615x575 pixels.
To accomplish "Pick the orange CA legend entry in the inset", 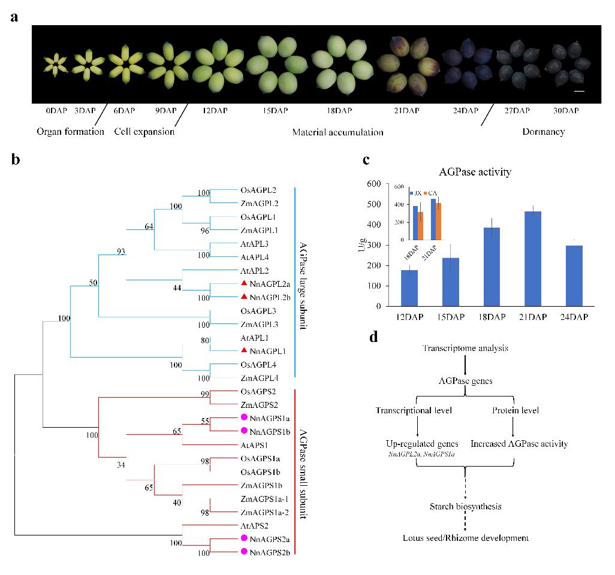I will (x=431, y=193).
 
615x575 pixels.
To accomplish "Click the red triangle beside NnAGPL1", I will (x=244, y=350).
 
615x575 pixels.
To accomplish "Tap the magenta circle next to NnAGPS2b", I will (x=244, y=551).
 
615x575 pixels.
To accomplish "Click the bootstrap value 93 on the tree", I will (x=121, y=251).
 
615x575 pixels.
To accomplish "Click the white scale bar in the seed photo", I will (x=579, y=91).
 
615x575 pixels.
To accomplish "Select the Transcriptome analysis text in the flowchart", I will (x=466, y=349).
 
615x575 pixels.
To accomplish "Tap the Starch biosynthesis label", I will (x=465, y=507).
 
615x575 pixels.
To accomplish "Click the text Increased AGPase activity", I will (x=519, y=444).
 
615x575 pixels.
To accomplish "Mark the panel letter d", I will (x=373, y=337).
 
